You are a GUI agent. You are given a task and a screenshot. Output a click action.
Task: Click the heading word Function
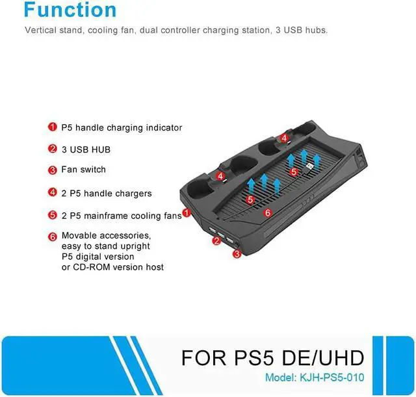pos(70,10)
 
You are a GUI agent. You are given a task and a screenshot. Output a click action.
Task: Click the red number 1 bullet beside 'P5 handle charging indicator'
pos(52,127)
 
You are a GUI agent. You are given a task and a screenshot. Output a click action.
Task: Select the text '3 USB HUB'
pos(86,149)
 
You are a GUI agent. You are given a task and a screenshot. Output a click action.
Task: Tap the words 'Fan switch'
pos(83,170)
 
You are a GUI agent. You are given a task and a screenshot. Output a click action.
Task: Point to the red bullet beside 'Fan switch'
pos(52,170)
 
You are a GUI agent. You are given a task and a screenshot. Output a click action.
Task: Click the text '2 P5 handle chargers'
pos(106,193)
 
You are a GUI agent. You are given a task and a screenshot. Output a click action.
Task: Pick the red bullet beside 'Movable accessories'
pos(52,236)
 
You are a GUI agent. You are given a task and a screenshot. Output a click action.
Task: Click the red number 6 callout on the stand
pos(267,212)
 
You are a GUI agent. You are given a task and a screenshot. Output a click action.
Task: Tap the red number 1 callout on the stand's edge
pos(186,212)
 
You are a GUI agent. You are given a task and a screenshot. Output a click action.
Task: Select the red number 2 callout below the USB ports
pos(216,241)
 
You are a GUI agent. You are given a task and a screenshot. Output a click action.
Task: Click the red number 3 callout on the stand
pos(237,254)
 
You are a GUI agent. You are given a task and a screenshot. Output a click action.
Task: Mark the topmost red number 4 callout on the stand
pos(284,138)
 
